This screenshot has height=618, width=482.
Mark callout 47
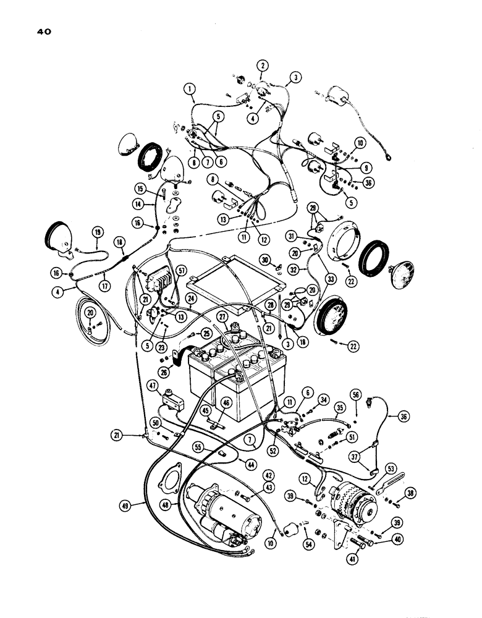coord(152,386)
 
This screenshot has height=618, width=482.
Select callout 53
coord(391,468)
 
